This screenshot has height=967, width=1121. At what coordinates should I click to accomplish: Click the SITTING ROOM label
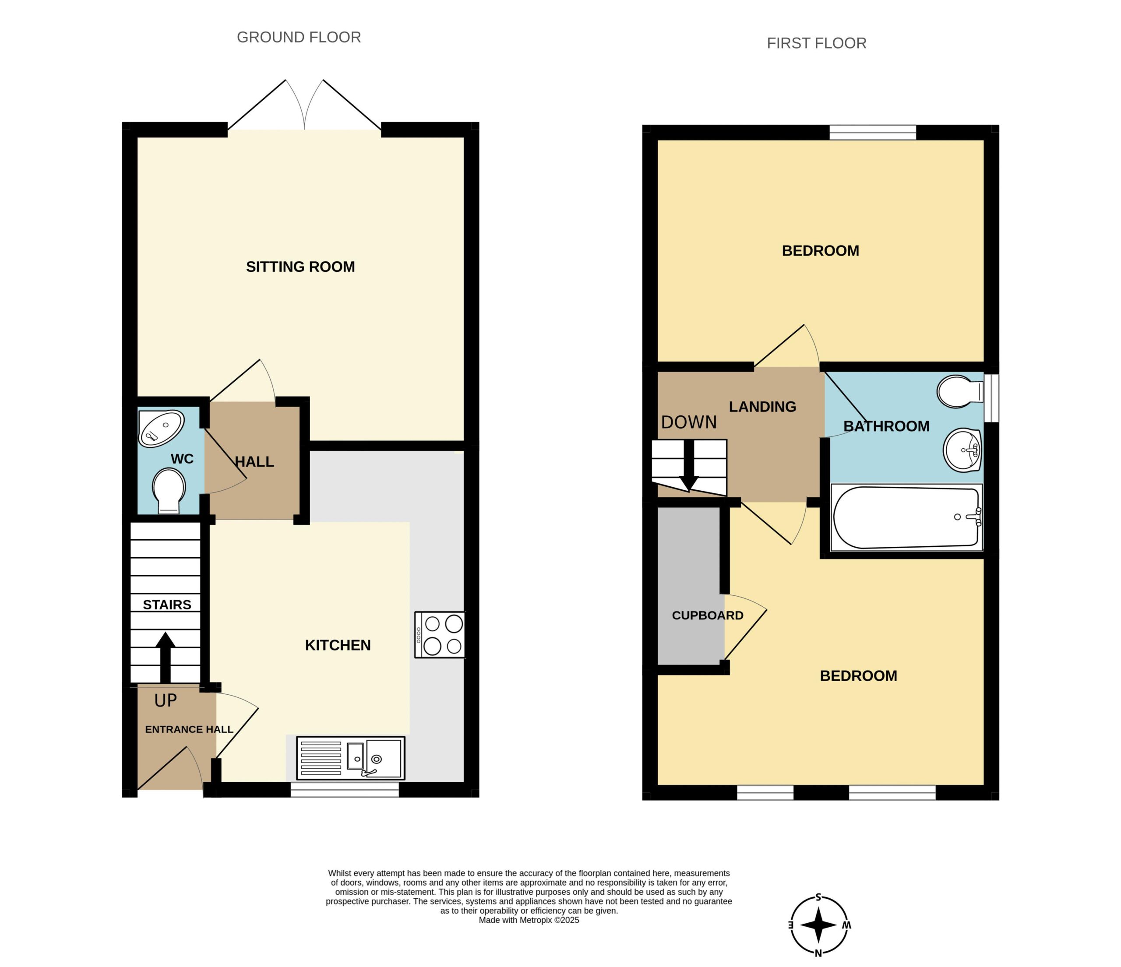(x=300, y=267)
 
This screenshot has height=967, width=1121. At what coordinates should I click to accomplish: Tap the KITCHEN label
(x=338, y=645)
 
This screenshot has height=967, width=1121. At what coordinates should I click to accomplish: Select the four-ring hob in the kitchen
(x=439, y=634)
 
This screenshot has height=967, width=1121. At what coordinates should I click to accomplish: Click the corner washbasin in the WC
(x=161, y=428)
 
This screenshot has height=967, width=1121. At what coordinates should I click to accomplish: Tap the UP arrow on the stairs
(x=166, y=657)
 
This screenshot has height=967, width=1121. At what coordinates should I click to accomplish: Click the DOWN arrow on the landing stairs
(x=689, y=466)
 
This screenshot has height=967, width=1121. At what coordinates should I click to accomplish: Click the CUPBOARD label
(x=708, y=615)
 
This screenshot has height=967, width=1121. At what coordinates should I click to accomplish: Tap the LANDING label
(x=762, y=407)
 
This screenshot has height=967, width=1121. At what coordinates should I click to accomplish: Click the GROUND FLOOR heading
(x=299, y=37)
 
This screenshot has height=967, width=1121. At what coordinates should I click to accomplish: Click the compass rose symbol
(x=818, y=925)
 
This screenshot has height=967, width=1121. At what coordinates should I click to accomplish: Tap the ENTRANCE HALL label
(x=189, y=730)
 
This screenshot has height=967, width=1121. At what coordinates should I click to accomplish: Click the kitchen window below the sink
(x=345, y=790)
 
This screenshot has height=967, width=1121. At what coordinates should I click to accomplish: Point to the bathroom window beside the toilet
(x=991, y=397)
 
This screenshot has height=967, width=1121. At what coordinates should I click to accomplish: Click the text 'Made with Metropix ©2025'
(x=529, y=920)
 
